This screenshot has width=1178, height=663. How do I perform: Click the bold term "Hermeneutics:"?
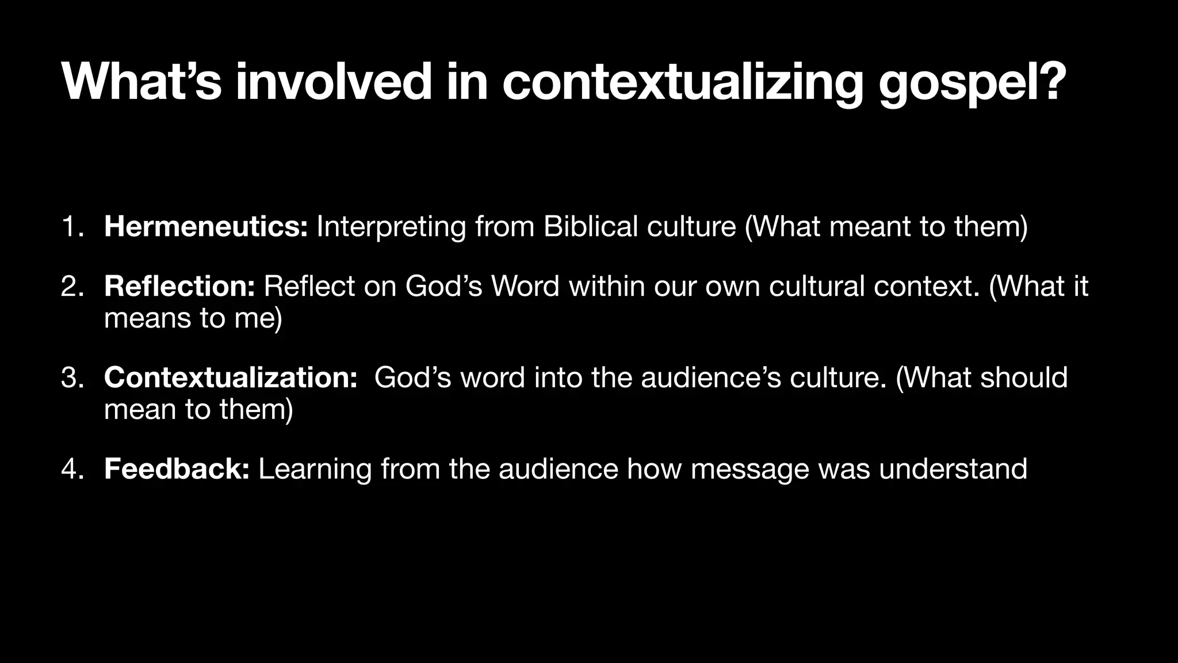click(206, 227)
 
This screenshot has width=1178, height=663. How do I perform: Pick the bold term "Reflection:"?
click(179, 287)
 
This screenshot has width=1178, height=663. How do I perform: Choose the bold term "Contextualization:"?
click(231, 378)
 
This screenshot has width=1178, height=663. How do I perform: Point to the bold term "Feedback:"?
click(177, 469)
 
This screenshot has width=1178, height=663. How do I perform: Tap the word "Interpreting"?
click(391, 227)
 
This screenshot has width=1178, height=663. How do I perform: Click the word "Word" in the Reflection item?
click(525, 287)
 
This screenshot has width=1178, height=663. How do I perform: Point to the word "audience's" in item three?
click(711, 378)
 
